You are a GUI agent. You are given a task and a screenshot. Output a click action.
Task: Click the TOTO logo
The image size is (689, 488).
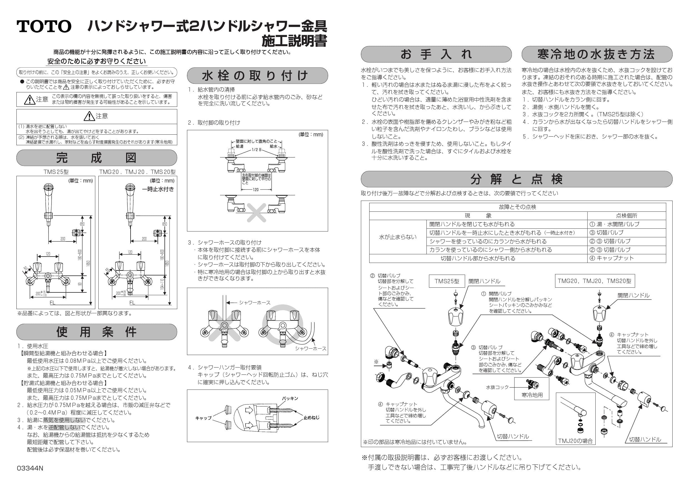point(44,26)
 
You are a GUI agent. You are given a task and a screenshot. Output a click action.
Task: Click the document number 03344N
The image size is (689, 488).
point(30,468)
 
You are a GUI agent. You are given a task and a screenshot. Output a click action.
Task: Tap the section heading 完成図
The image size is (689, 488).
point(97,158)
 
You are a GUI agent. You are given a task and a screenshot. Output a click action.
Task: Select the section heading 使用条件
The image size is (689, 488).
point(97,332)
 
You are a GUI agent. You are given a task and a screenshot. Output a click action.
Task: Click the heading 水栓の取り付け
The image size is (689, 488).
point(257,75)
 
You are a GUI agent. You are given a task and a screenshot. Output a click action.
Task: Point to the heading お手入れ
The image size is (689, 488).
point(436,54)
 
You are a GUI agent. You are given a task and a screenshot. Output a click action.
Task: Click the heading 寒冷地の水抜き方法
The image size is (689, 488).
point(596,54)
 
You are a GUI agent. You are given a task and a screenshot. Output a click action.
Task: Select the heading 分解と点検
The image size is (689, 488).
point(516,179)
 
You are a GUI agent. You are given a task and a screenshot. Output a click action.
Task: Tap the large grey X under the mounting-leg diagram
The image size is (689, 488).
point(257,213)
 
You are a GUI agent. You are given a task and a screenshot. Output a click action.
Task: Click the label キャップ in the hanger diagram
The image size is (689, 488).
point(203,418)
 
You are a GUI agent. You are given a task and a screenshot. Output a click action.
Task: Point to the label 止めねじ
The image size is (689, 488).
point(311,417)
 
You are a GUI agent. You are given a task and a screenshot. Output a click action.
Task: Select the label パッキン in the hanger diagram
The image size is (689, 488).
point(289,398)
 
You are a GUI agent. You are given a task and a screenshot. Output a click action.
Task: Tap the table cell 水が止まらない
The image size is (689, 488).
point(398,237)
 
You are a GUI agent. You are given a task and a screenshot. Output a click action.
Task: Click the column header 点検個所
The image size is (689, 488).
point(626,215)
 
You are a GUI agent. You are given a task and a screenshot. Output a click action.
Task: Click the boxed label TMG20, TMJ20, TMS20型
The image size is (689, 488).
point(595,281)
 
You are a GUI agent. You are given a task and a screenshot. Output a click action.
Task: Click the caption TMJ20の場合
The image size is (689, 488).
point(575,441)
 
